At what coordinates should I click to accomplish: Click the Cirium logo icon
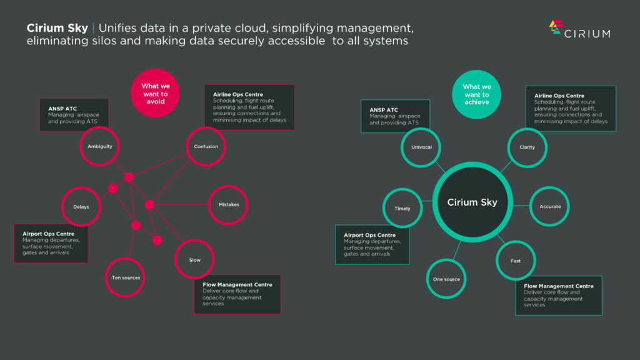coord(556,27)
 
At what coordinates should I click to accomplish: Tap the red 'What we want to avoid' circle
coord(155,93)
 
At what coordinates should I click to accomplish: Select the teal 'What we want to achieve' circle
coord(477,94)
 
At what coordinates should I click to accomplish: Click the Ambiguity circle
coord(99,147)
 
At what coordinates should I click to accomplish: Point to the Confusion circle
coord(206,147)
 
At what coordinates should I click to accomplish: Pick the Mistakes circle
coord(229,204)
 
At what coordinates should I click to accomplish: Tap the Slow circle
coord(195,259)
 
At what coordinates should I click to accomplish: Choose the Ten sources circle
coord(126,277)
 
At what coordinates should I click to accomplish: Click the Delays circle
coord(81,207)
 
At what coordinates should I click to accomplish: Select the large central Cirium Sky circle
coord(472,202)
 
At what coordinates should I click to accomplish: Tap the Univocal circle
coord(421,147)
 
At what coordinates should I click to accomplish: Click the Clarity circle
coord(527,147)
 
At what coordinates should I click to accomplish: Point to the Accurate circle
coord(550,206)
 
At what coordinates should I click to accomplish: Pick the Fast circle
coord(516,261)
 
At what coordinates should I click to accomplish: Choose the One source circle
coord(446,279)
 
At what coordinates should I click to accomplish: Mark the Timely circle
coord(402,208)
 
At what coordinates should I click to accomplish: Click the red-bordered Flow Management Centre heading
coord(237,284)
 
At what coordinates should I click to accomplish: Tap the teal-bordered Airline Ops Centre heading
coord(559,95)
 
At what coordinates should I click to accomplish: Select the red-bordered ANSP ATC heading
coord(62,109)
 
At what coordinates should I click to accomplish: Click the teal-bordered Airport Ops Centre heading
coord(369,235)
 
